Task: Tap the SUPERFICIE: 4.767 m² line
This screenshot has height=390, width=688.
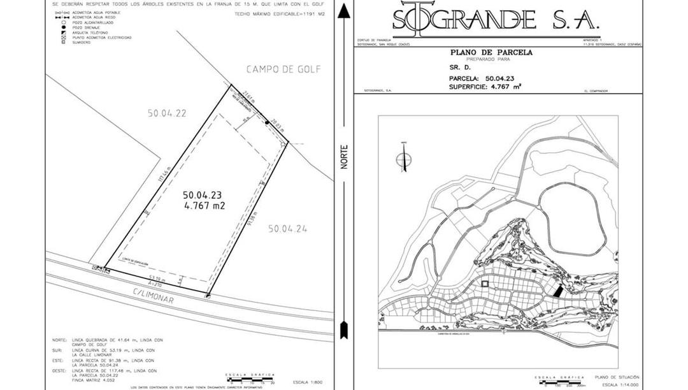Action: point(485,86)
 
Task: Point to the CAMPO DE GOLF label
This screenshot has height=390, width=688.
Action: point(283,69)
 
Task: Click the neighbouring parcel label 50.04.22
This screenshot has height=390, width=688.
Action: point(167,113)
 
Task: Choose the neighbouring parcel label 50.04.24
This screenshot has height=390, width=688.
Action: point(287,228)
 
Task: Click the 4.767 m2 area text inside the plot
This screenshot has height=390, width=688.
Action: point(204,206)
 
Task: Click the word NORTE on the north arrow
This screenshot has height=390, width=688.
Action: point(344,157)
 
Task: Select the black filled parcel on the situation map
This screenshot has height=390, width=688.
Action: point(557,291)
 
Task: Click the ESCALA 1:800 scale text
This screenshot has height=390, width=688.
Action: point(308,382)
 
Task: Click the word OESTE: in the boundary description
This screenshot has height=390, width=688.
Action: point(59,370)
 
